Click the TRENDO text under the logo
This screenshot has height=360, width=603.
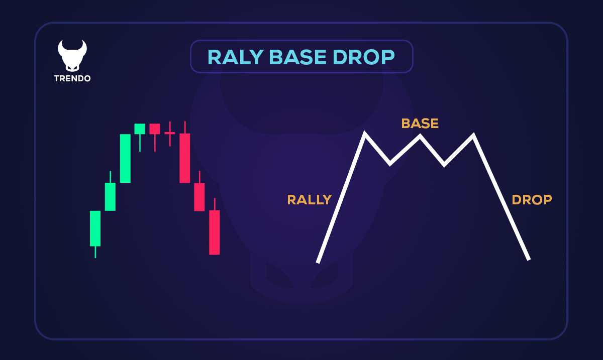(x=72, y=79)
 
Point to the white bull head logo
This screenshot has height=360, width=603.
(x=72, y=55)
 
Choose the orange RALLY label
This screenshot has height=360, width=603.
(x=309, y=200)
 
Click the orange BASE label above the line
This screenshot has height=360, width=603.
(x=420, y=124)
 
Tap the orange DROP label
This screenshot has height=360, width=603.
(x=532, y=200)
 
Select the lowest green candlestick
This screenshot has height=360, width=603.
(x=95, y=228)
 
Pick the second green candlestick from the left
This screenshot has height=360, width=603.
(x=110, y=196)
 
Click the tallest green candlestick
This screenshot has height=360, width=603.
(x=125, y=158)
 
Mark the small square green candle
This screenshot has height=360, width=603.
(x=140, y=129)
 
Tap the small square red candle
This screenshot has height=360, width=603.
(x=155, y=129)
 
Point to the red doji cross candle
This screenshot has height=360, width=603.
(x=170, y=133)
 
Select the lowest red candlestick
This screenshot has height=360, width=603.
(x=215, y=232)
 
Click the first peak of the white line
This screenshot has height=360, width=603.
(x=365, y=134)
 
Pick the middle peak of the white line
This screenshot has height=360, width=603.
(x=420, y=136)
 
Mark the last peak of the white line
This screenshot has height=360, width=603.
(x=473, y=136)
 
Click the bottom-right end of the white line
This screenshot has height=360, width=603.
(x=528, y=259)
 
